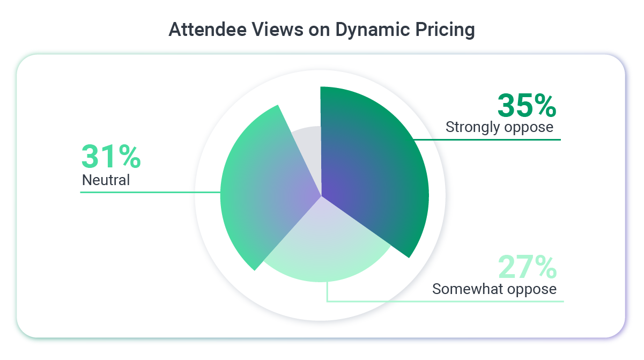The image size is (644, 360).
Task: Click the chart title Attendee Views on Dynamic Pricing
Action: (x=322, y=30)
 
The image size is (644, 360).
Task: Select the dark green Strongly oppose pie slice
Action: (x=375, y=172)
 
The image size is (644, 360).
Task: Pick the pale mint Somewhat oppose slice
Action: (x=322, y=247)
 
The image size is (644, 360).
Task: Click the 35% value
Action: (x=527, y=106)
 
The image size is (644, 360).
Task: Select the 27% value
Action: (x=527, y=267)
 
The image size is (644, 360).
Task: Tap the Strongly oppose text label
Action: (x=499, y=127)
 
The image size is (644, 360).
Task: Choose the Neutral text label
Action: (x=106, y=180)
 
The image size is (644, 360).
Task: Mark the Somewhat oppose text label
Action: (x=494, y=289)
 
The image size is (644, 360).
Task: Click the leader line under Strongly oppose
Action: (x=488, y=139)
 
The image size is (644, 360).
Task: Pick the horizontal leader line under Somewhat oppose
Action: (x=445, y=301)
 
